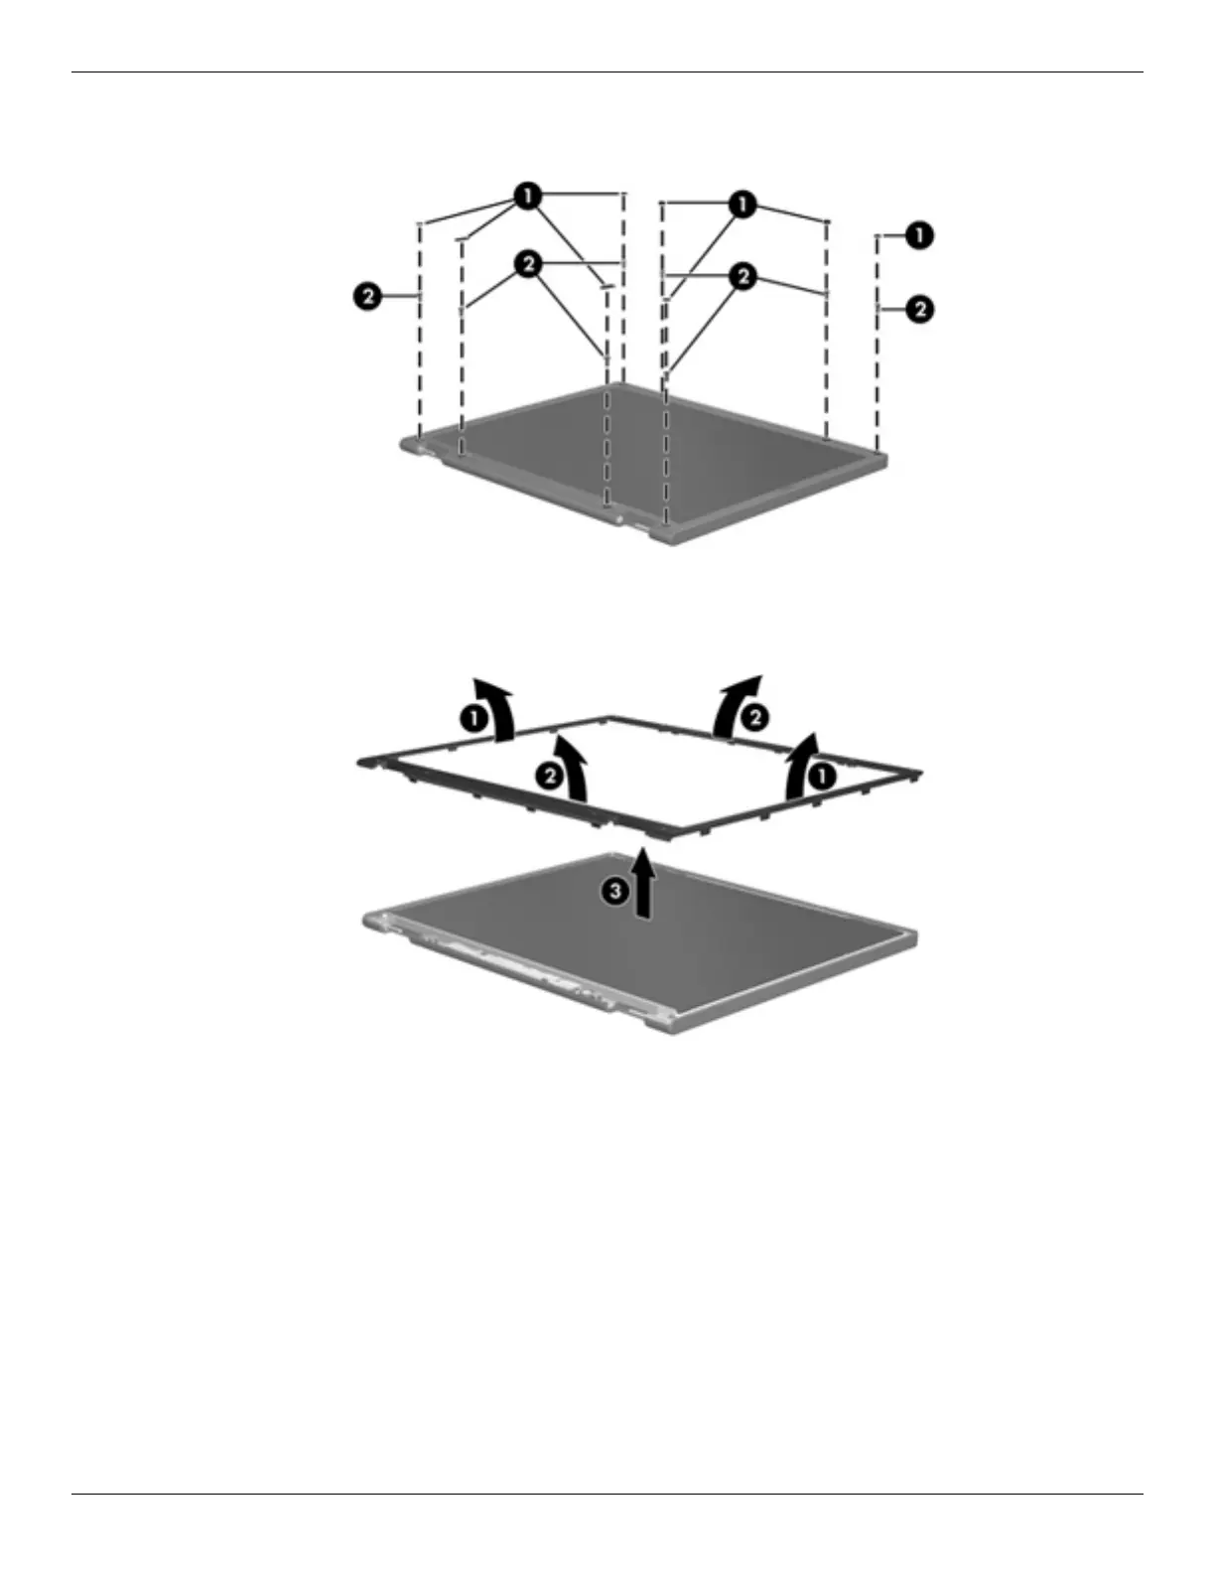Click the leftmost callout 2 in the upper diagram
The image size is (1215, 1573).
[x=367, y=295]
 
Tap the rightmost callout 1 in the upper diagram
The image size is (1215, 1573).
[x=920, y=235]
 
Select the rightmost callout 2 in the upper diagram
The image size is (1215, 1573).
[x=920, y=309]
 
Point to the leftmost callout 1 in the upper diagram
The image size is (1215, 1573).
[x=527, y=196]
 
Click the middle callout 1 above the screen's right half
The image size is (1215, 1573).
[x=742, y=206]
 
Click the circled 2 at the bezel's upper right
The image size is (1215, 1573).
[x=755, y=717]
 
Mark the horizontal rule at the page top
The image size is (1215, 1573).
[x=607, y=71]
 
